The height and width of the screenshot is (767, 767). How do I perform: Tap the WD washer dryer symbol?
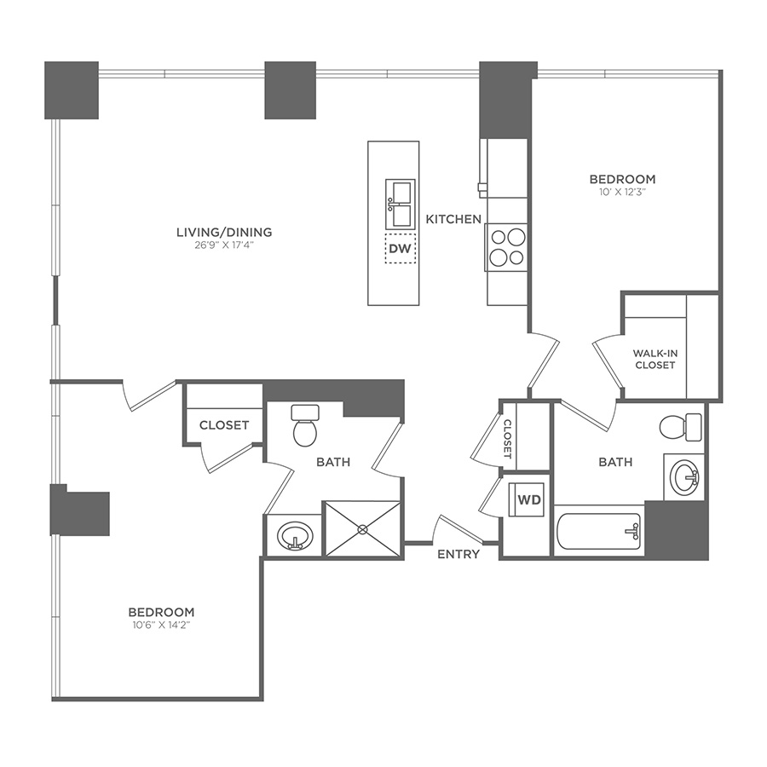[x=529, y=500]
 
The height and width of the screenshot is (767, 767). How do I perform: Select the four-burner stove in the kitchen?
[x=506, y=246]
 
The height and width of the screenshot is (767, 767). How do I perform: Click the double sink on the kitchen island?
[x=400, y=205]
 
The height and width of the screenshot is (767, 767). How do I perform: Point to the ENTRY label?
[x=458, y=554]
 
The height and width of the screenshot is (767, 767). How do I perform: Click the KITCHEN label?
[x=453, y=219]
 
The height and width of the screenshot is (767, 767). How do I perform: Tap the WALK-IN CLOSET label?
[x=654, y=359]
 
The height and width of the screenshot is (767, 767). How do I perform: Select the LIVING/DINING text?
[x=223, y=232]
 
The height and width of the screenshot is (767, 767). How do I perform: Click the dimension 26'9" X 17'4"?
[x=223, y=245]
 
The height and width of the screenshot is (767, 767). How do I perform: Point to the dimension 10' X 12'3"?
[x=623, y=193]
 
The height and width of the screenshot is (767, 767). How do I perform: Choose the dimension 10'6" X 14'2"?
[x=161, y=626]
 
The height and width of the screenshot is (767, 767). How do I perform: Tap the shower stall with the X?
[x=361, y=528]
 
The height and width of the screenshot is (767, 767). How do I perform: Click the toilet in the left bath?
[x=304, y=425]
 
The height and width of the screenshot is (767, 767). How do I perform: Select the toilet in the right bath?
[x=681, y=425]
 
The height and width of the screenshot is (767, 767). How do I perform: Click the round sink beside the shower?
[x=295, y=537]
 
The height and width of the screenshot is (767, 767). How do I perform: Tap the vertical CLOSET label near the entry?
[x=507, y=439]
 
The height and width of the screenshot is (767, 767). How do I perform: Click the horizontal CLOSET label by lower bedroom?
[x=224, y=424]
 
